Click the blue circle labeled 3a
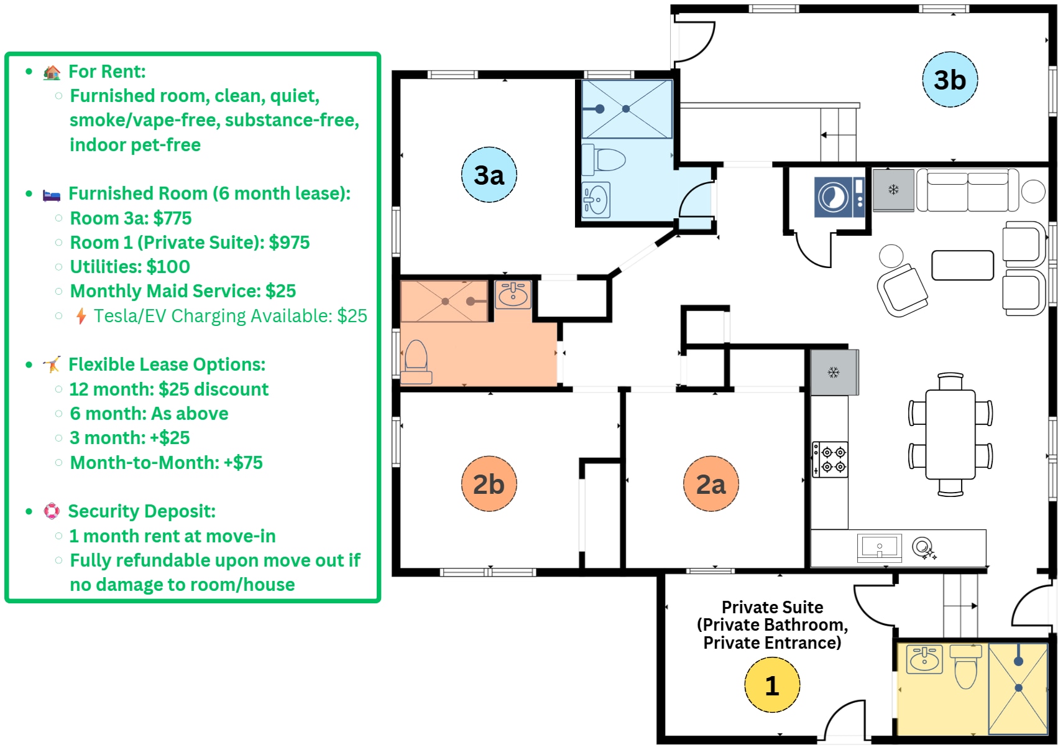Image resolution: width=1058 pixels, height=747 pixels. tap(489, 175)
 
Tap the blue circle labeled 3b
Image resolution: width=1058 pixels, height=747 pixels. tap(949, 80)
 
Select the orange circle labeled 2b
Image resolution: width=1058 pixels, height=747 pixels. tap(489, 484)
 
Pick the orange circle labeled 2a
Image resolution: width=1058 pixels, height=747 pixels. tap(711, 484)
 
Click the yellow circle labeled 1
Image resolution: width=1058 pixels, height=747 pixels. tap(771, 685)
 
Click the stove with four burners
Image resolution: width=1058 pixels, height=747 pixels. tap(830, 460)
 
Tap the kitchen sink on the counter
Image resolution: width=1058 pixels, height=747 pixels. tap(879, 548)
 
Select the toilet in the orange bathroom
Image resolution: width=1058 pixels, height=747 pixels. tap(416, 361)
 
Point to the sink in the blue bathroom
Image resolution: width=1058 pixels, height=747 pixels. tap(596, 200)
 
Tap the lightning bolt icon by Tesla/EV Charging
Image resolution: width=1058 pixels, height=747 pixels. tap(81, 316)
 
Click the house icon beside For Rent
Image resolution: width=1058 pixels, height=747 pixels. tap(52, 72)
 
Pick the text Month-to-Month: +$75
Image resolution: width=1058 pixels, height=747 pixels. tap(166, 463)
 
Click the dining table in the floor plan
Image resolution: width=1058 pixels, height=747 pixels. tap(950, 434)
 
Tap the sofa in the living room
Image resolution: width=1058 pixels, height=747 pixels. tap(967, 190)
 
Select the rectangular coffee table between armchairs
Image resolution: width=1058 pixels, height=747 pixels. tap(962, 266)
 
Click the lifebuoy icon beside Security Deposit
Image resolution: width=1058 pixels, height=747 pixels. tap(52, 511)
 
